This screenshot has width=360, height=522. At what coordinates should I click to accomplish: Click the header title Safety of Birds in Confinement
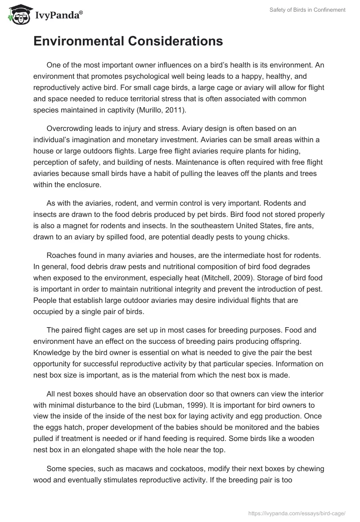[x=307, y=10]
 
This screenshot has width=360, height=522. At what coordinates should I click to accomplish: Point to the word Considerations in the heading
[x=175, y=41]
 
